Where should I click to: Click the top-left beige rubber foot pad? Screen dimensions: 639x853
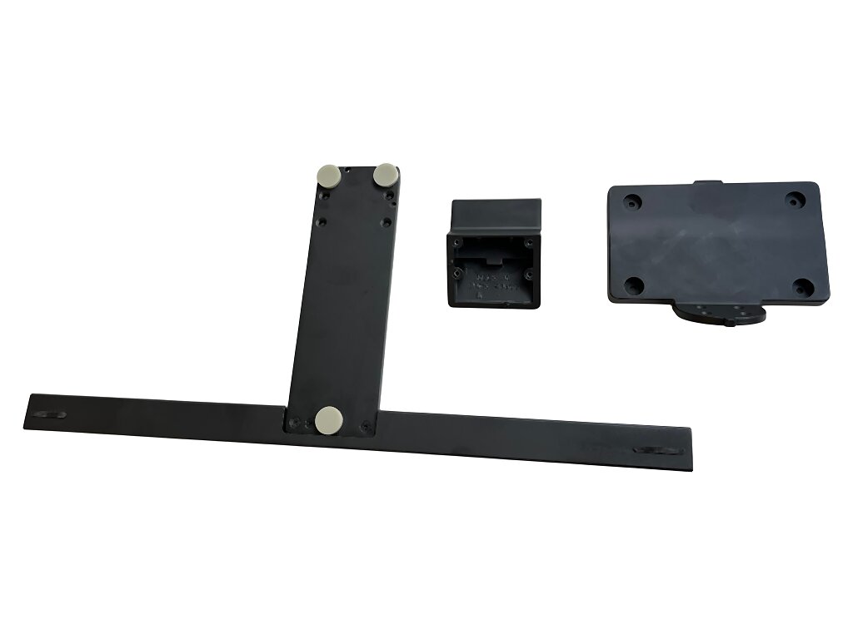coord(327,176)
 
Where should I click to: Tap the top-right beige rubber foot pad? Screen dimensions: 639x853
coord(385,175)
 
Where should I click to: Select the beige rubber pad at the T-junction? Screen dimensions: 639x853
coord(328,420)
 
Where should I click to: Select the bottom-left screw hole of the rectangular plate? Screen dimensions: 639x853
coord(632,285)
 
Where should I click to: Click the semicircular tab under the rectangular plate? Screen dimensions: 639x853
coord(718,315)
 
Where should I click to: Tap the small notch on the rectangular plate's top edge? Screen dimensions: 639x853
coord(709,182)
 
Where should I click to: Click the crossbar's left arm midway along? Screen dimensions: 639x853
coord(158,412)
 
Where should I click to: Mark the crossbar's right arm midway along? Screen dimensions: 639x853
coord(533,439)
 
